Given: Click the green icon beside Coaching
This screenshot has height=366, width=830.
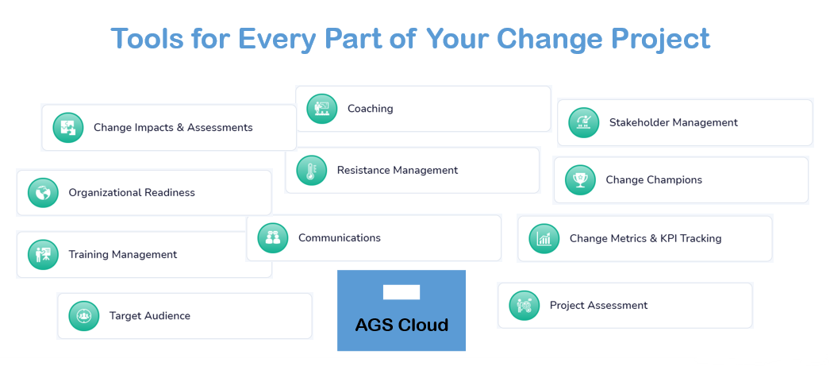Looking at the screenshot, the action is point(322,109).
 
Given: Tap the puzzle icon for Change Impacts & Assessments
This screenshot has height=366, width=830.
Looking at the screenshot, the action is point(68,128).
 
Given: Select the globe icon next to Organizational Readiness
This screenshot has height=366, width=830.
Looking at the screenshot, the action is point(43,193).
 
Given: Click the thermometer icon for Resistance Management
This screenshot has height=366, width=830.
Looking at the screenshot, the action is point(312,170).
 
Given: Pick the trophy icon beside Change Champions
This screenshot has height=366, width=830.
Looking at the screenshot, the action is point(581,180).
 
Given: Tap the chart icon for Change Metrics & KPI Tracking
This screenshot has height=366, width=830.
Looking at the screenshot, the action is point(544,238).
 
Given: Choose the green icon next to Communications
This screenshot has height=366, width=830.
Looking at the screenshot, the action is point(273,238).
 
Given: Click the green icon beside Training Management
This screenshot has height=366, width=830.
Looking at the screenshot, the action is point(43,255).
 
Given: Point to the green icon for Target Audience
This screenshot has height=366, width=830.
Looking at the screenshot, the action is point(84,316).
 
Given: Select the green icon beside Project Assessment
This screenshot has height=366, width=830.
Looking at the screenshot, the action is point(525,305).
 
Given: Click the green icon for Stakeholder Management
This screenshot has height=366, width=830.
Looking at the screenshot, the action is point(584,123).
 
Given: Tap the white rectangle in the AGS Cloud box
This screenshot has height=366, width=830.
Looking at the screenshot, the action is point(402,292).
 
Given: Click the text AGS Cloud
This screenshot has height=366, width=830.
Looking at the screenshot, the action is point(402,325).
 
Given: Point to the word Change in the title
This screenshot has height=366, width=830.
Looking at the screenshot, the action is point(550,39).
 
